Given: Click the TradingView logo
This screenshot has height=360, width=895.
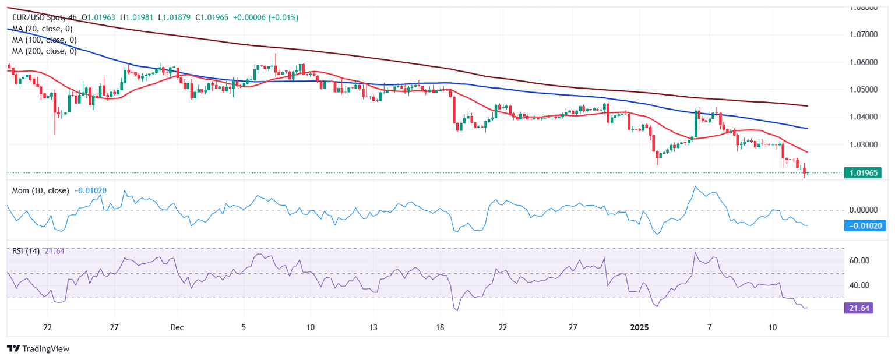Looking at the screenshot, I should pos(38,348).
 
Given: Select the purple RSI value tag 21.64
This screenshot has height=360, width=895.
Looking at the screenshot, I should pos(858,308).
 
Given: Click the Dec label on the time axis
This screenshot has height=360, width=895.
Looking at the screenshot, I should pos(178,327).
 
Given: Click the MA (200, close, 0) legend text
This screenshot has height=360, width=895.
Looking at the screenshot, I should pos(44,51).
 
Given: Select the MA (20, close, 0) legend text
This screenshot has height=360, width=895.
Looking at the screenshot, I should pos(42,29).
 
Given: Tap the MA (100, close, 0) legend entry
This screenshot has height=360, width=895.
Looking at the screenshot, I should pos(44,40).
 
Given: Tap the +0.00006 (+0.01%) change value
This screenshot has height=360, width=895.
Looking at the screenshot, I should pos(266,18).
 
